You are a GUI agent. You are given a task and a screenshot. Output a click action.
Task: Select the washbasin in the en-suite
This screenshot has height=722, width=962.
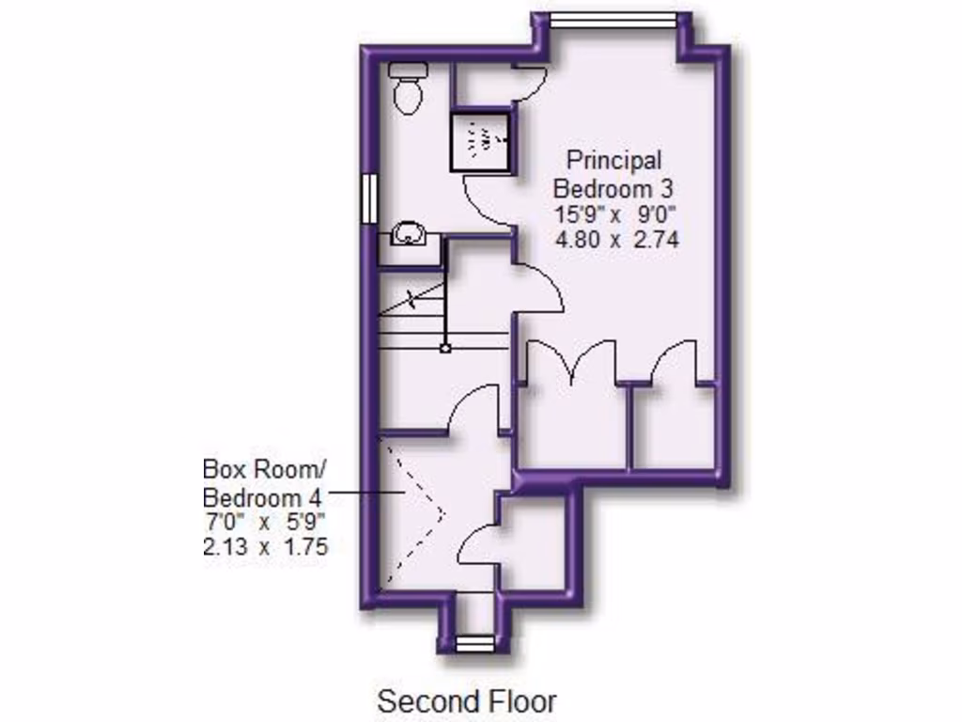409,234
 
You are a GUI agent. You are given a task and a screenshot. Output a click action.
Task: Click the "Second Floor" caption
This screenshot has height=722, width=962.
467,700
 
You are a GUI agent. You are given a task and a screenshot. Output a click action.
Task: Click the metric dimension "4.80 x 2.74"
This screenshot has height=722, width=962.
617,240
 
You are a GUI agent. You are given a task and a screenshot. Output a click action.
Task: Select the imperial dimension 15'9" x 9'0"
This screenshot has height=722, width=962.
616,212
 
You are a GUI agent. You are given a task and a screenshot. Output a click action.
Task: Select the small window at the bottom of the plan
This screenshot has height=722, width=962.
475,643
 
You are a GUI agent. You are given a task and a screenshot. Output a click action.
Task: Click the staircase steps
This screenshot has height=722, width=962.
411,324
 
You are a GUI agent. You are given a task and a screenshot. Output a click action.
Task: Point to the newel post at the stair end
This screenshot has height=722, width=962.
445,348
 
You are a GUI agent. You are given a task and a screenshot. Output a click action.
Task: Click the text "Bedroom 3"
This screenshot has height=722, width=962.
614,186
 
